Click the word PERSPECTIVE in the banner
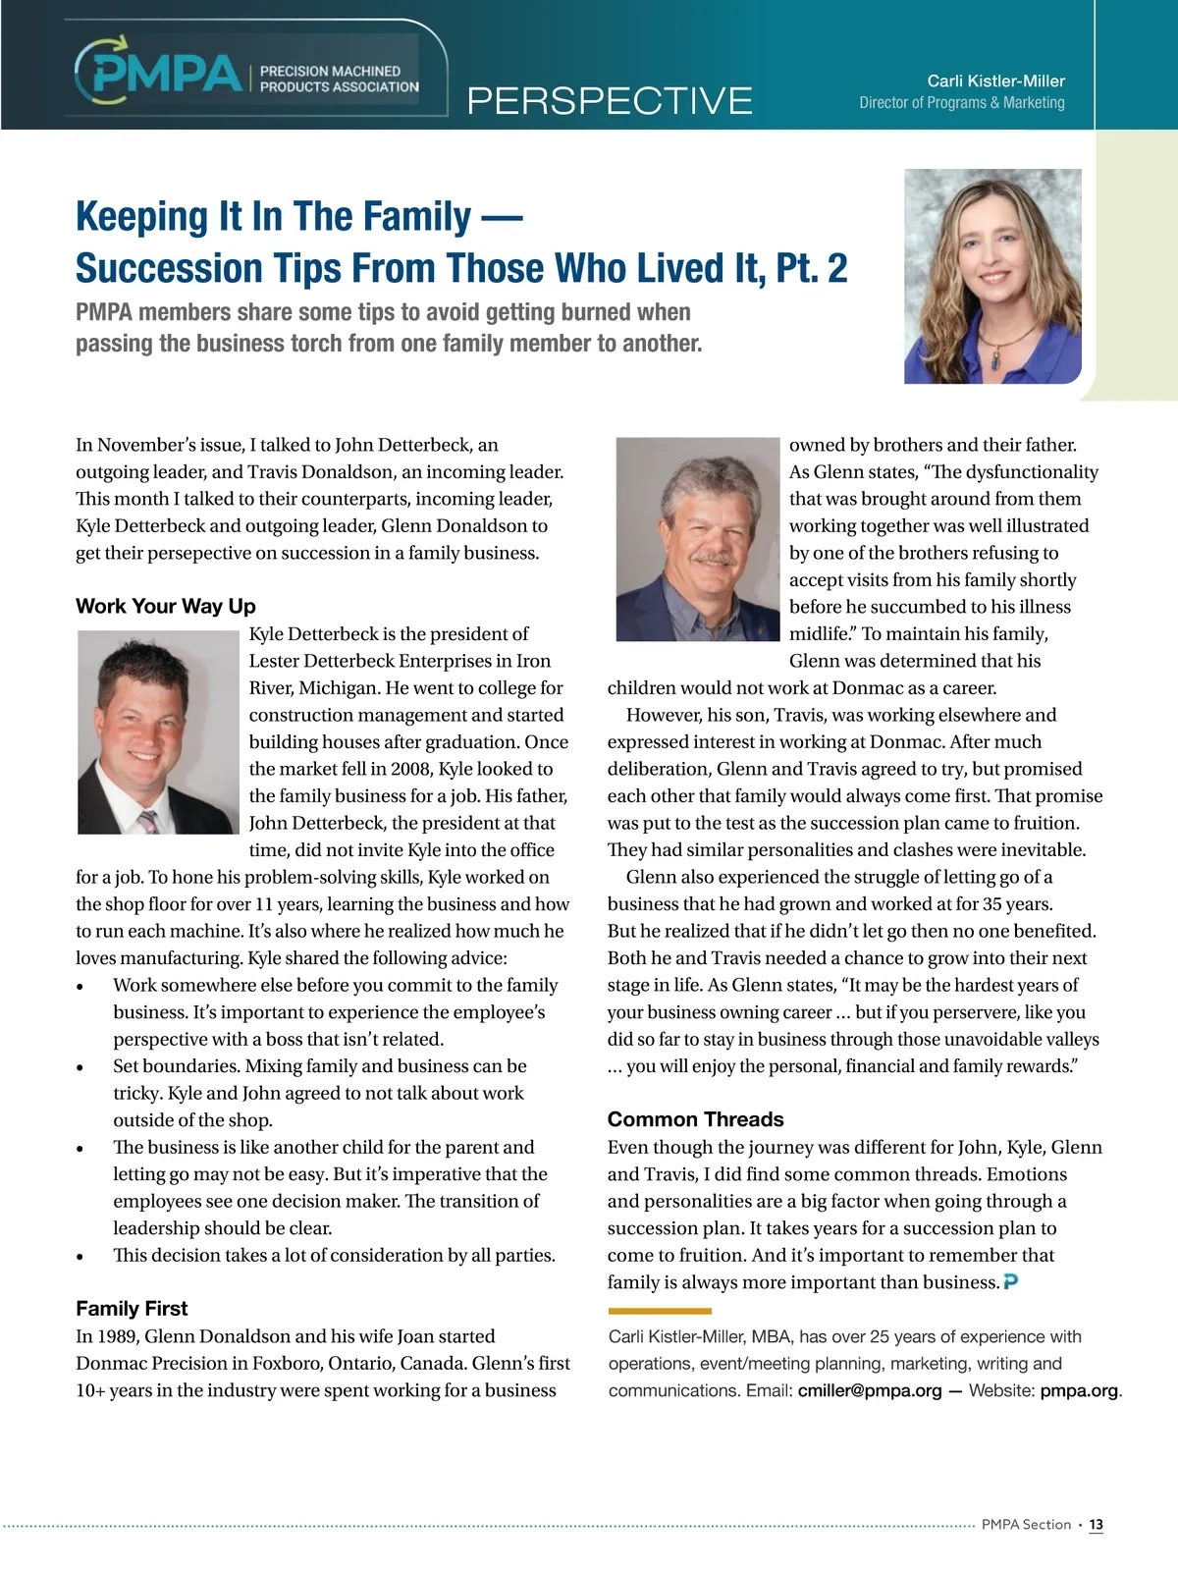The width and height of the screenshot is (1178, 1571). coord(610,101)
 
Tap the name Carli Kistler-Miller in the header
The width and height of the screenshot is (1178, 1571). coord(995,81)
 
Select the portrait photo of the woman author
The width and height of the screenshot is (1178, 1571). coord(991,276)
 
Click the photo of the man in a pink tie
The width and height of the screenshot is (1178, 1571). coord(158,732)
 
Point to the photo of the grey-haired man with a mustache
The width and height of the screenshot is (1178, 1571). coord(697,539)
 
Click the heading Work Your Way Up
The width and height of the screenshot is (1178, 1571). coord(166,606)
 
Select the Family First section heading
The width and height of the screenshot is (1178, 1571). coord(132,1308)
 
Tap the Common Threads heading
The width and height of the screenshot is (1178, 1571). coord(695,1119)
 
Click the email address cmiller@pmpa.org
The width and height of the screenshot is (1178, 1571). coord(869,1390)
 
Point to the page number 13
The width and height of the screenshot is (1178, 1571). coord(1096,1525)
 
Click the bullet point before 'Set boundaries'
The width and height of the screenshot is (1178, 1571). coord(80,1067)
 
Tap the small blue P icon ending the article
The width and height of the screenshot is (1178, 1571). coord(1011,1281)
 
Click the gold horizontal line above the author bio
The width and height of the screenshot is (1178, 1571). coord(660,1311)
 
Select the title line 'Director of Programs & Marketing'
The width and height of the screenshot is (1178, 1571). coord(961,102)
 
